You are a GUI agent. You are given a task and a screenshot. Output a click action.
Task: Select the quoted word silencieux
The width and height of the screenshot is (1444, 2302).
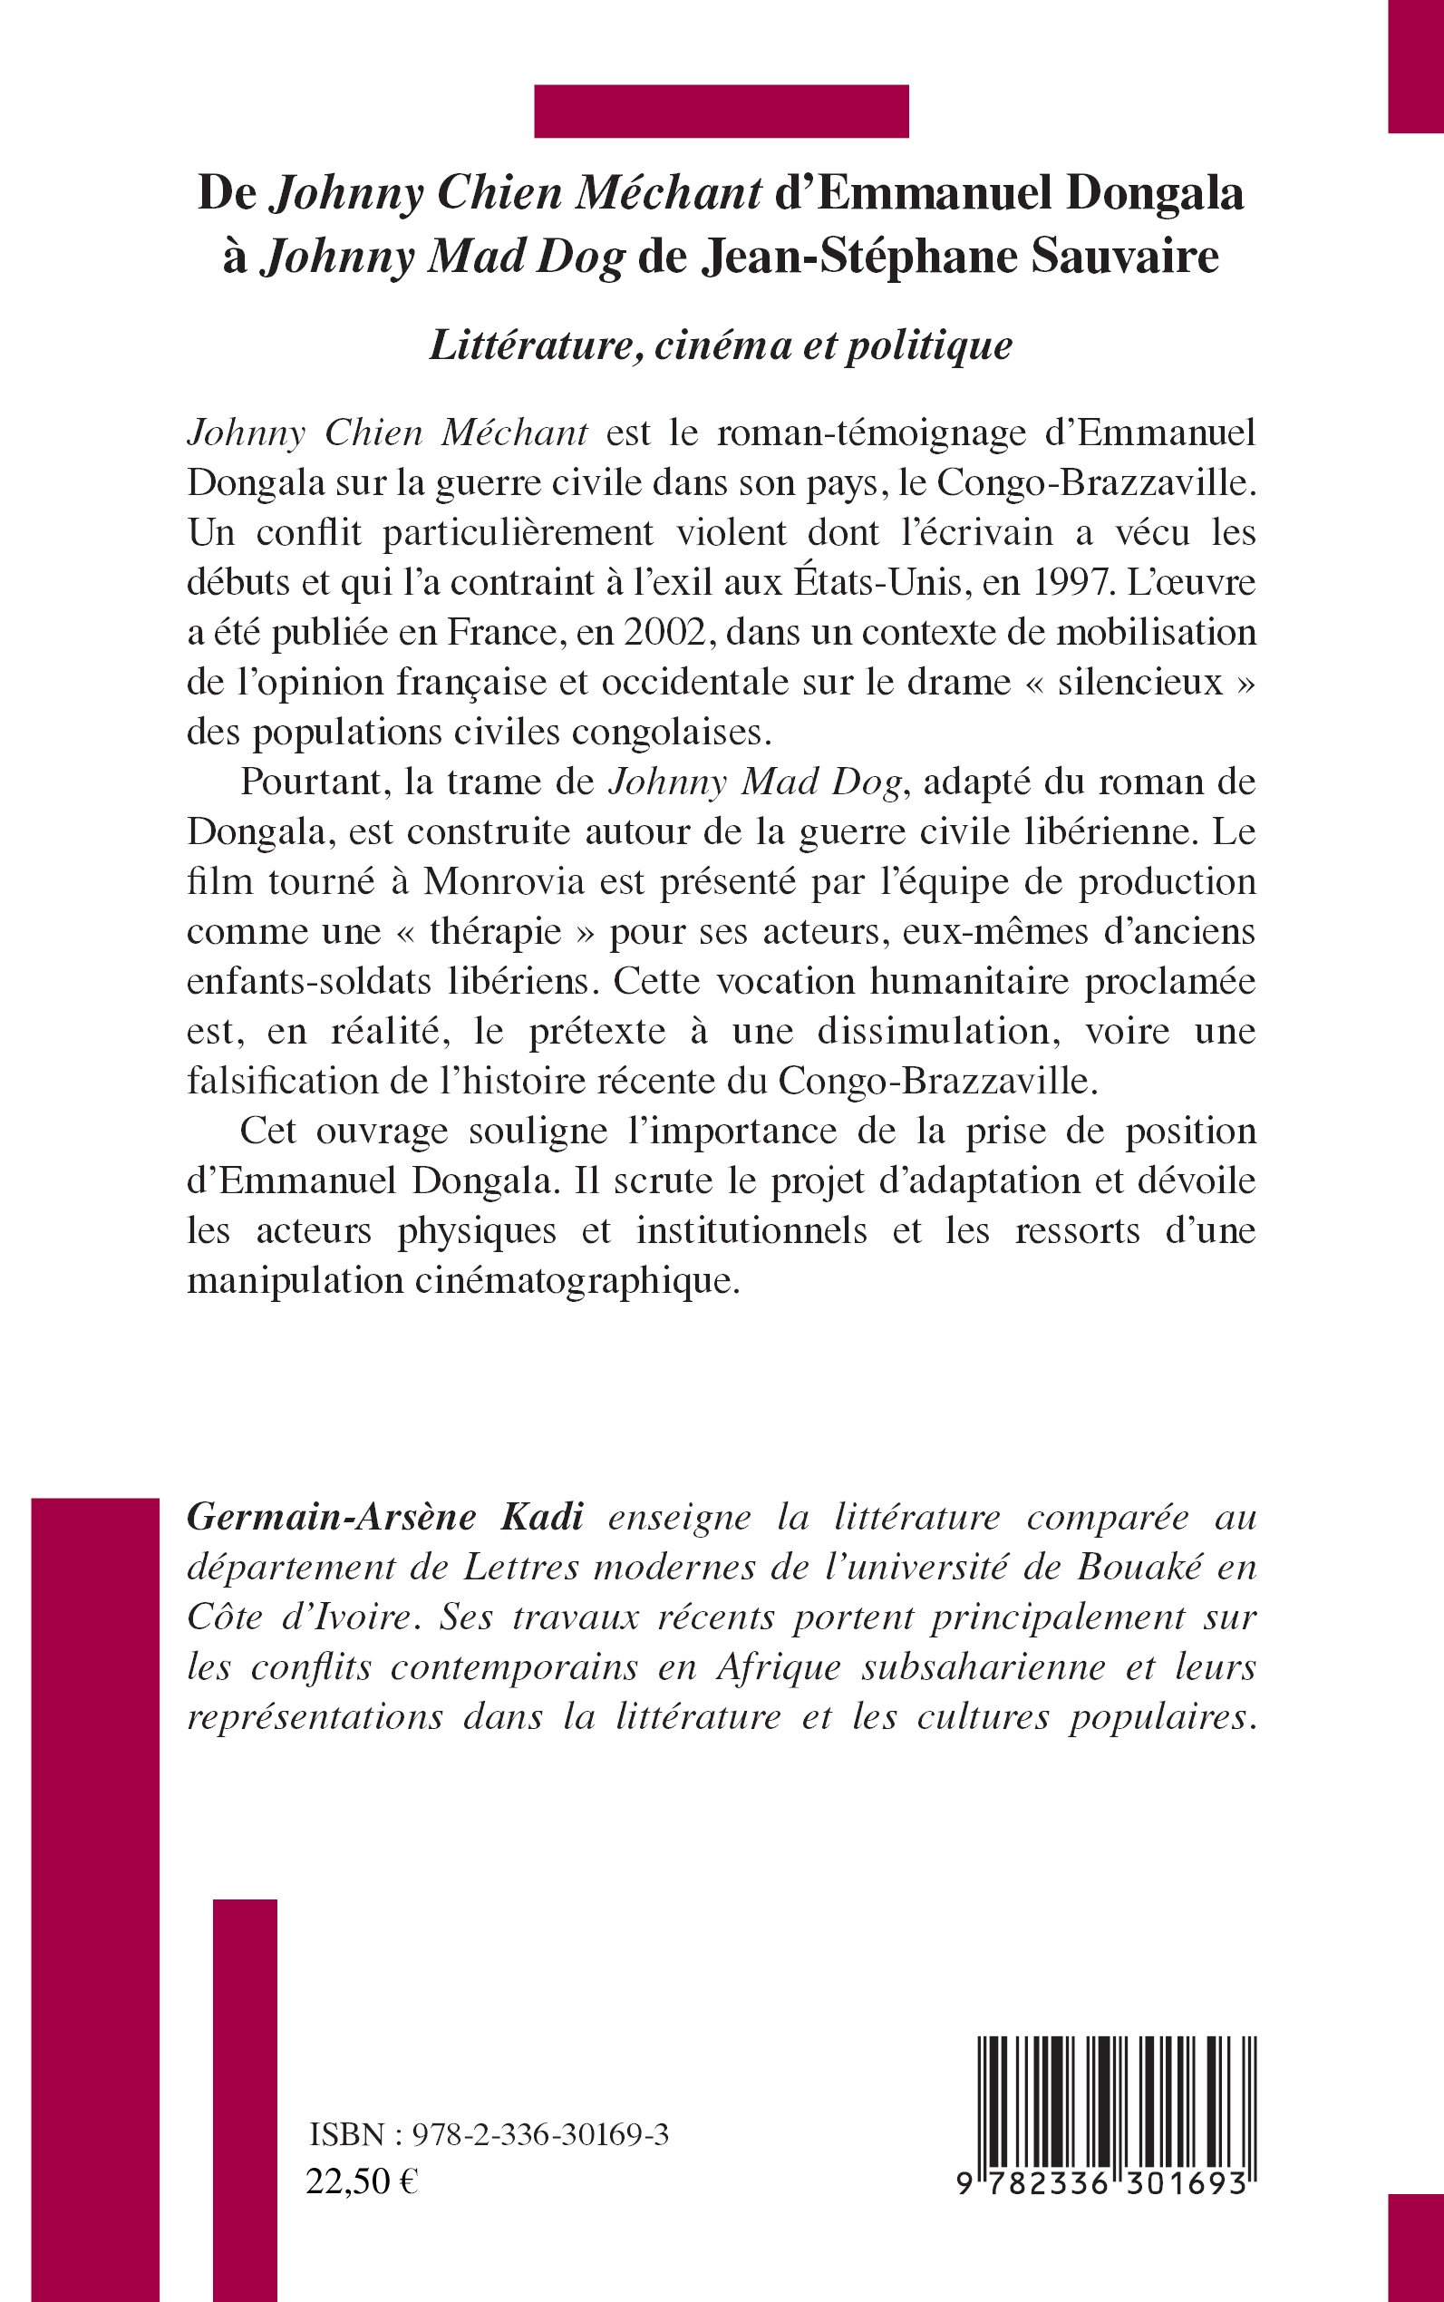1139,682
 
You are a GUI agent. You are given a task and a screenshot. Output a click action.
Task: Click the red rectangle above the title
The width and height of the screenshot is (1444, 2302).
721,112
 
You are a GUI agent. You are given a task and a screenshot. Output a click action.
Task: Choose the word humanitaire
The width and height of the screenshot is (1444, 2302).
952,981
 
